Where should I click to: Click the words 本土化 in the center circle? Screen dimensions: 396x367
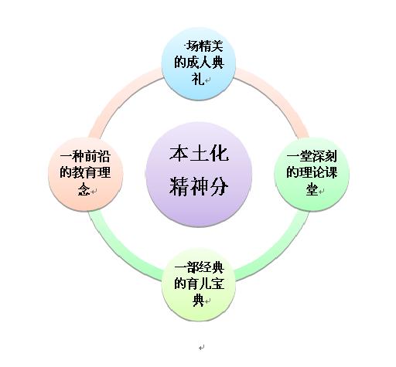coord(199,154)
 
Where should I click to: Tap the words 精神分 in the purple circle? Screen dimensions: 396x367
coord(199,185)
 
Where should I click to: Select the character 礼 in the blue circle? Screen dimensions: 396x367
coord(198,79)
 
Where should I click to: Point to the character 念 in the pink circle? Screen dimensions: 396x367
coord(84,189)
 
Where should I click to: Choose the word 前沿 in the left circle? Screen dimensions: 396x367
coord(97,156)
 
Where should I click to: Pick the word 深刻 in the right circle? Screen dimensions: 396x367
coord(324,156)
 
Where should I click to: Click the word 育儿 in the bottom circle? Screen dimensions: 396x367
coord(199,284)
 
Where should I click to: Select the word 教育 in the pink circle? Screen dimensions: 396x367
coord(85,172)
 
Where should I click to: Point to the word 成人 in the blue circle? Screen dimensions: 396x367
coord(199,63)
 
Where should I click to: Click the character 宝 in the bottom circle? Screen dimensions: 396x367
coord(217,284)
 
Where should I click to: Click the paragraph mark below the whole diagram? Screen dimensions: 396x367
coord(202,348)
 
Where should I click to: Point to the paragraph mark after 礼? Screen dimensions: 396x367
coord(208,80)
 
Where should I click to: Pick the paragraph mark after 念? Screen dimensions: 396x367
coord(94,191)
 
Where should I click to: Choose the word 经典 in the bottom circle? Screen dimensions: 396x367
coord(211,268)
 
